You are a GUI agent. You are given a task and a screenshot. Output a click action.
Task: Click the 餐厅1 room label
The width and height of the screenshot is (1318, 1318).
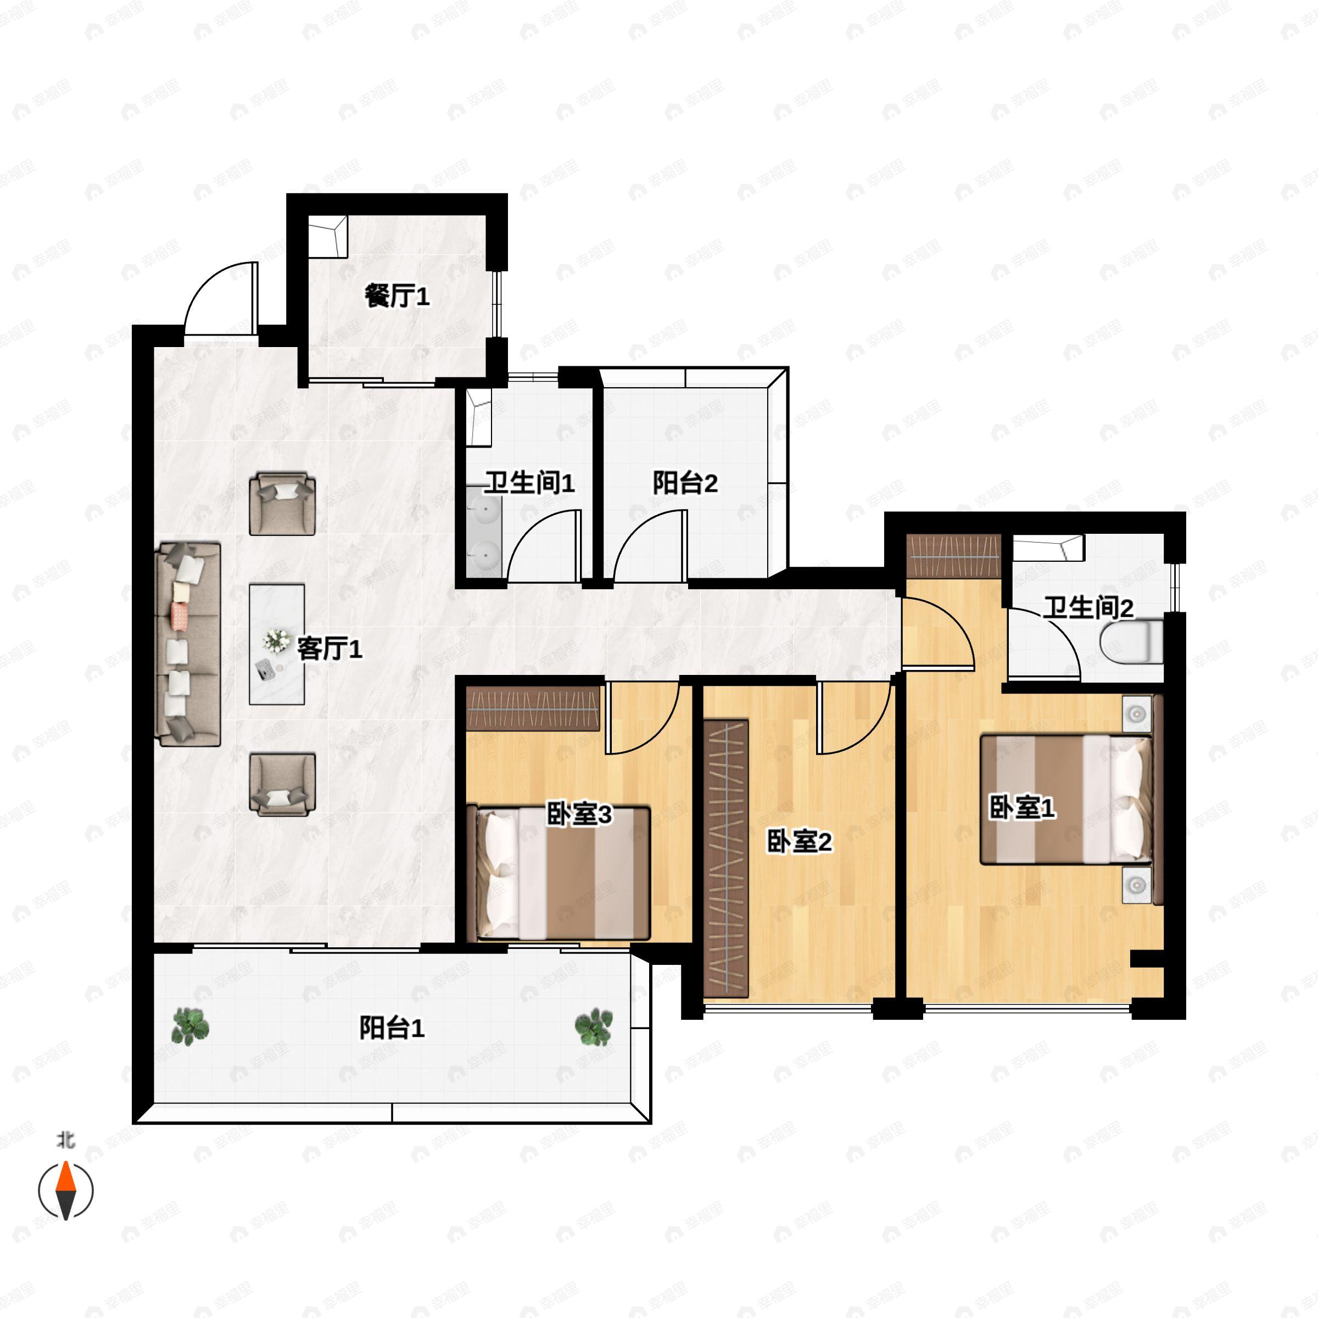point(397,296)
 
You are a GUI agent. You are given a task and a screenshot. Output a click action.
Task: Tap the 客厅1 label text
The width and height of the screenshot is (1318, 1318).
point(329,648)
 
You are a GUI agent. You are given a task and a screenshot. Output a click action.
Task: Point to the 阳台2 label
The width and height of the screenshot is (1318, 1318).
point(685,483)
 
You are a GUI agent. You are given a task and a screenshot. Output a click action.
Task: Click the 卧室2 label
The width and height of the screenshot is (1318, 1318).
point(800,841)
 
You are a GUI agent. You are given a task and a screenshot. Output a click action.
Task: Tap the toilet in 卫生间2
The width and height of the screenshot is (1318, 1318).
point(1131,640)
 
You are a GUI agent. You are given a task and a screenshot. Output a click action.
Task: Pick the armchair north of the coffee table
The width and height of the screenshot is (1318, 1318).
point(282,504)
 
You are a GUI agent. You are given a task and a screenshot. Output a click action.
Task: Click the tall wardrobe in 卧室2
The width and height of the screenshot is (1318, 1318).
point(726,857)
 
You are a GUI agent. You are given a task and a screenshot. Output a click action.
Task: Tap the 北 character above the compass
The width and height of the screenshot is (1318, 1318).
point(65,1140)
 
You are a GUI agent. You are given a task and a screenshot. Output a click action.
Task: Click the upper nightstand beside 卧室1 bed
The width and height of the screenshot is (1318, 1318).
point(1137,713)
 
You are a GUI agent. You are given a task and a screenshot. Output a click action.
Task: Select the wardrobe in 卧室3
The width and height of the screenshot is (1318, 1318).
point(533,710)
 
